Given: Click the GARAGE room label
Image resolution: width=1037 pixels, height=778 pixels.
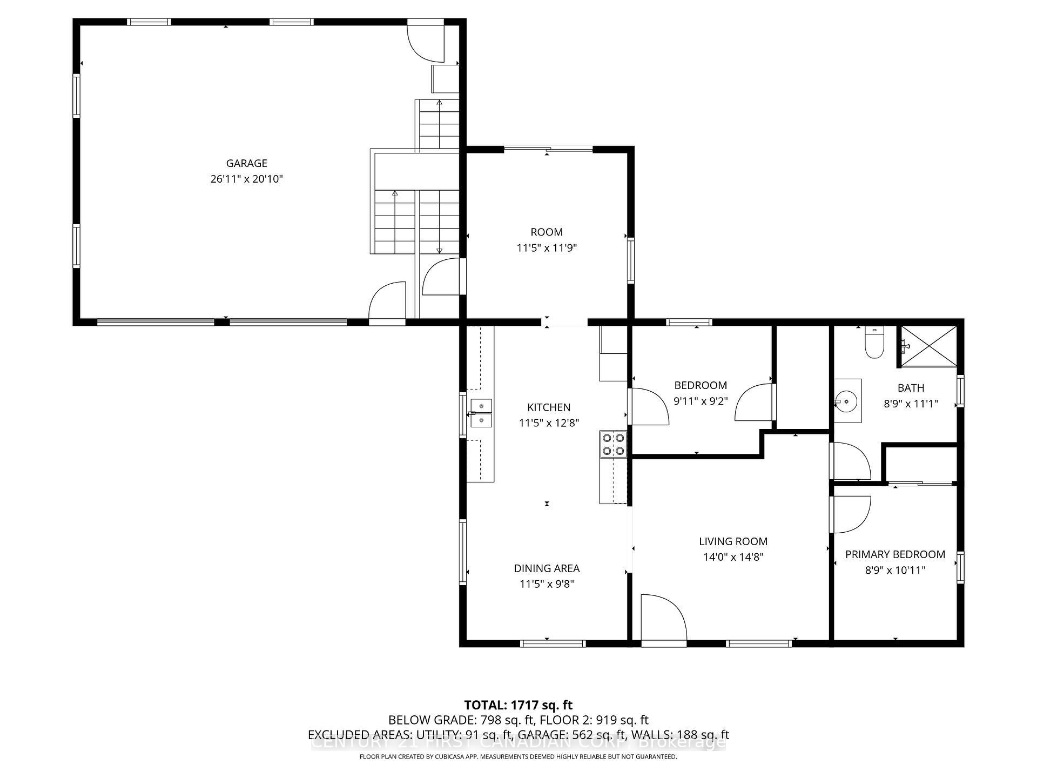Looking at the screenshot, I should click(246, 163).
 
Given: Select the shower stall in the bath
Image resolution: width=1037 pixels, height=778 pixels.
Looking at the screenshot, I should click(929, 346).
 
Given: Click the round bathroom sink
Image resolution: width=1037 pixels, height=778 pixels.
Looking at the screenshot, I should click(845, 401).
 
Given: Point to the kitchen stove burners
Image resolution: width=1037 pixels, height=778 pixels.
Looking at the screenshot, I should click(613, 444).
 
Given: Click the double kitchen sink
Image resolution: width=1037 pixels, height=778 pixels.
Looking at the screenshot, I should click(481, 413).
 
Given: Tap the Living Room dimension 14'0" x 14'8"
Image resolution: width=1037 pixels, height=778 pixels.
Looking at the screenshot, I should click(733, 557).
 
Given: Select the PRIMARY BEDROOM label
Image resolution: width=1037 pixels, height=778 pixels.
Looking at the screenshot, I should click(895, 554).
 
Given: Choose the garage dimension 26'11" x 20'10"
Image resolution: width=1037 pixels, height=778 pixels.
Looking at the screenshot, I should click(246, 179).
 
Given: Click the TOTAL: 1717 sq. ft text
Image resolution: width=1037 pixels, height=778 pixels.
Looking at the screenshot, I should click(518, 705).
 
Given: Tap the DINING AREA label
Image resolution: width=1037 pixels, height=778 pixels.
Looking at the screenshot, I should click(547, 568).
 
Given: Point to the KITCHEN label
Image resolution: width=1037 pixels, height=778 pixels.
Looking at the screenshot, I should click(549, 407).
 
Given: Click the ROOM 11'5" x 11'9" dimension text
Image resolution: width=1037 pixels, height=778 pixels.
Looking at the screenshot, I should click(547, 248).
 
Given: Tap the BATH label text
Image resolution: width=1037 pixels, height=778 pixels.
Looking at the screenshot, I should click(911, 388).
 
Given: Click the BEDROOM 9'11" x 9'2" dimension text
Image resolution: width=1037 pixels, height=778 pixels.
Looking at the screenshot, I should click(701, 401).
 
